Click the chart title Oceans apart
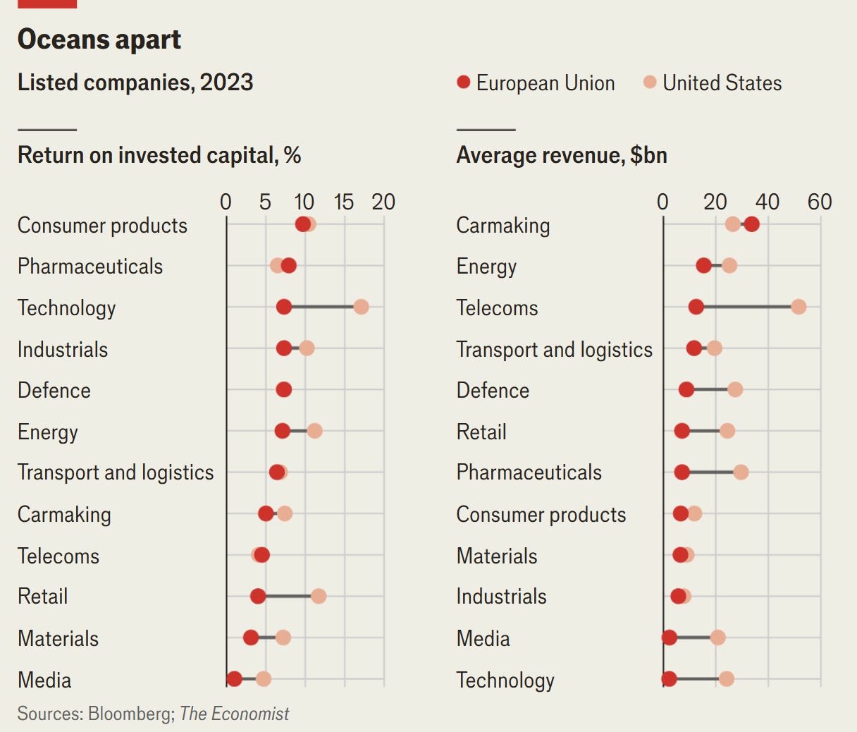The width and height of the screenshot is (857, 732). point(99,39)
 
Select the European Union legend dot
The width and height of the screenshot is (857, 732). point(463,83)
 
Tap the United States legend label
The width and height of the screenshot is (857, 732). point(722,83)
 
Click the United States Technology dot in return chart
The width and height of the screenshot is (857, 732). point(361,307)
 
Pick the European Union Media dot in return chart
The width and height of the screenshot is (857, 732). point(234,678)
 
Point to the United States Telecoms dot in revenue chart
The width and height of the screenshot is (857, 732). point(798,307)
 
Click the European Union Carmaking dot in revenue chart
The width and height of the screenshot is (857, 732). point(751,224)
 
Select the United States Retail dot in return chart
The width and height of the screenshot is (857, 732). point(319,596)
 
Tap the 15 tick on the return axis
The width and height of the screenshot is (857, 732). point(343,202)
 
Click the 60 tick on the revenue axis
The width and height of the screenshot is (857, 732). point(820,202)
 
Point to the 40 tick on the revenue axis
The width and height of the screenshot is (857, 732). point(767,202)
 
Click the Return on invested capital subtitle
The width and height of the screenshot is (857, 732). point(159,155)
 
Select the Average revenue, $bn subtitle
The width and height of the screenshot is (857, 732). point(562,155)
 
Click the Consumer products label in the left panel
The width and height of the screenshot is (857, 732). point(102,226)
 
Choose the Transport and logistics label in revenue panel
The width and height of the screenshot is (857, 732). point(554,350)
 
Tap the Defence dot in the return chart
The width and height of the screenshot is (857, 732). point(283,389)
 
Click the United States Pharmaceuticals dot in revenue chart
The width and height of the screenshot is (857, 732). point(740,472)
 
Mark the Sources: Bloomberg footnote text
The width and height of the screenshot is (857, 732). point(153,714)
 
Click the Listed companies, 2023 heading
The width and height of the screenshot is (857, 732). point(135,83)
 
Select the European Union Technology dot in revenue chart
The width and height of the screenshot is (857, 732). point(669,678)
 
